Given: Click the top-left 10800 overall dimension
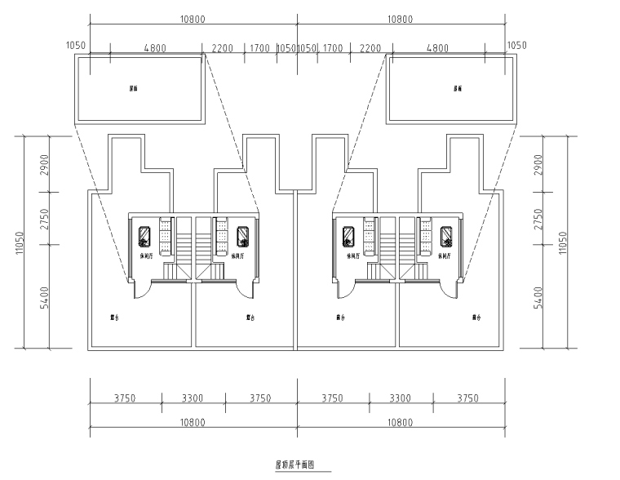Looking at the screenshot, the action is [193, 19].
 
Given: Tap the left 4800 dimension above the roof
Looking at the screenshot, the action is [154, 48].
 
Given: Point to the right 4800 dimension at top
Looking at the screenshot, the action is [437, 48].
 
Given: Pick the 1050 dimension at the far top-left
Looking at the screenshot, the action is [74, 47].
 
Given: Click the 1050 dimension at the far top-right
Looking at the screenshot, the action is [518, 47].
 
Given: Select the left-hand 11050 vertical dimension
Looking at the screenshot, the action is [19, 242].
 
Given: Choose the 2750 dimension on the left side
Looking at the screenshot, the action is [46, 221].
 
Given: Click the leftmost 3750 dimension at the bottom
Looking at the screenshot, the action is [125, 398].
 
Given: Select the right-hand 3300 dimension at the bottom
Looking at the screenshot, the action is [400, 398].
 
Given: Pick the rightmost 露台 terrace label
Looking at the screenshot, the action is [476, 318].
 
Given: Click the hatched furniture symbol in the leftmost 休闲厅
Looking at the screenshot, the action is [144, 237].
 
